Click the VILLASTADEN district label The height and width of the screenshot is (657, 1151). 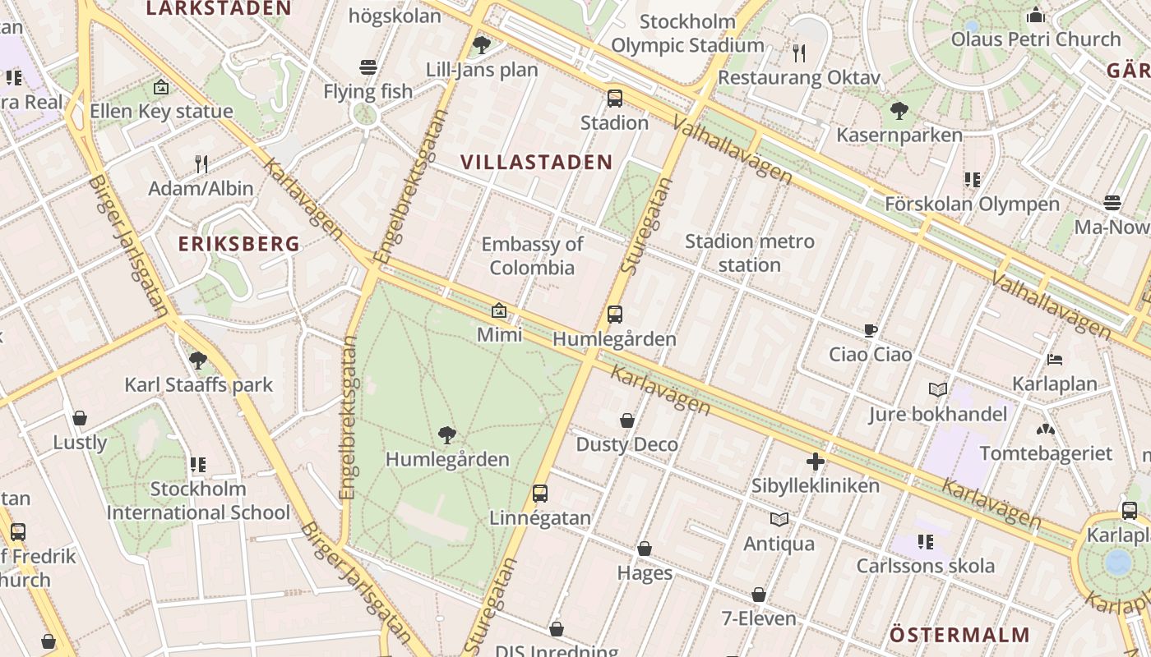point(536,162)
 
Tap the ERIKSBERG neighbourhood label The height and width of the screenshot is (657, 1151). point(239,244)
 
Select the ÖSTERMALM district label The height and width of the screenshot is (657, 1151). point(959,635)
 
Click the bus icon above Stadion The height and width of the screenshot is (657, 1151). point(615,99)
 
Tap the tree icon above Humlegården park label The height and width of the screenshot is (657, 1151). point(447,434)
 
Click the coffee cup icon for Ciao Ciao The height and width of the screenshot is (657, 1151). point(871,331)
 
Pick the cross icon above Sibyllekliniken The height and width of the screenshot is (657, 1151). point(816,462)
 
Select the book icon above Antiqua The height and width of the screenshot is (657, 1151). point(779,519)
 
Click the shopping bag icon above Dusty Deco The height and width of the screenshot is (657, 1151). point(627,420)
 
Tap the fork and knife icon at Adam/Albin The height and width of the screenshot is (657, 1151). point(201,164)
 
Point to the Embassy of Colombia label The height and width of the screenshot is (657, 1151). point(532,255)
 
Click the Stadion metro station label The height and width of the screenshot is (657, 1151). point(749,253)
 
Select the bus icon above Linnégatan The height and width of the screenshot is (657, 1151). point(540,494)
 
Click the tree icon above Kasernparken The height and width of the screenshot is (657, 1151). point(899,110)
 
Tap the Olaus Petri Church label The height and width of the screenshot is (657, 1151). point(1035,39)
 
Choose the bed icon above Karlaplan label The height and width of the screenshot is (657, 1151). point(1055,360)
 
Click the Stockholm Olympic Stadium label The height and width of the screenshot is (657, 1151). point(687,33)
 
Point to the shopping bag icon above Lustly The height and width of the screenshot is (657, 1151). point(80,419)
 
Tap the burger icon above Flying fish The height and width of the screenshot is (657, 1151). point(368,67)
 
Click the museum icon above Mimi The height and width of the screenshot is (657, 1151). point(499,310)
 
